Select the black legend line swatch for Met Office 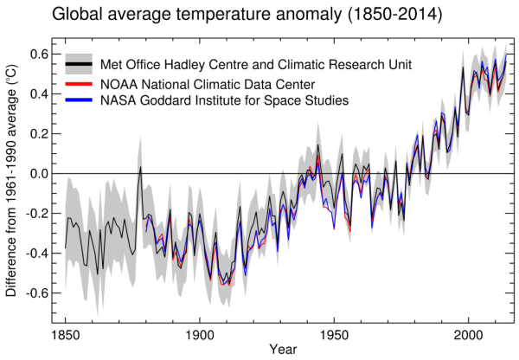point(79,65)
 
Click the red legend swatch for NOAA point(79,84)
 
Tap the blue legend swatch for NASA point(79,101)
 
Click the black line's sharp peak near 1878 point(140,167)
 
